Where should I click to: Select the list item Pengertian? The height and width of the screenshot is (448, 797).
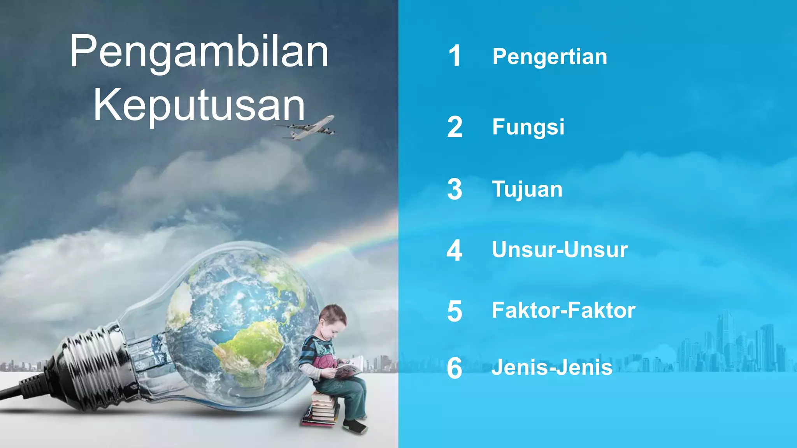549,57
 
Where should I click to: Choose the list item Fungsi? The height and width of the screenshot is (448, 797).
528,127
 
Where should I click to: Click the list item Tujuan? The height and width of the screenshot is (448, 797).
527,189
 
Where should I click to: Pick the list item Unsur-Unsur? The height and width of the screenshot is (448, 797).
560,250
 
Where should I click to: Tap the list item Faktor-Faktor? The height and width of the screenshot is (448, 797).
563,310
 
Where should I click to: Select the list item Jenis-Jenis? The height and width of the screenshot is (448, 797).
551,367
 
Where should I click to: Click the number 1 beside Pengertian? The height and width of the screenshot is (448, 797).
455,56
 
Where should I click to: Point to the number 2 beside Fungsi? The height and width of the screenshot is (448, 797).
455,127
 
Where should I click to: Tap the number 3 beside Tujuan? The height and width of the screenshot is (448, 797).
455,190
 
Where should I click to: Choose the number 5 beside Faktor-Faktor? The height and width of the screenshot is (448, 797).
455,311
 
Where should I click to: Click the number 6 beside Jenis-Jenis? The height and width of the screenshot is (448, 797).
454,368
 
